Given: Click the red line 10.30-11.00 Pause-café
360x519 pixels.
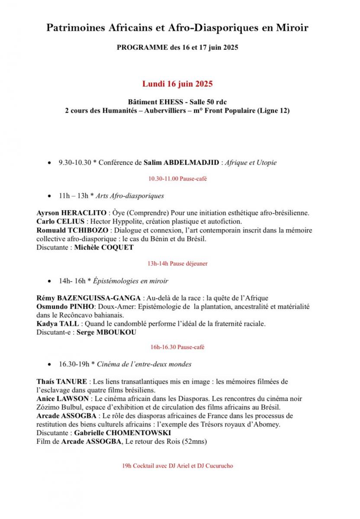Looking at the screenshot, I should (x=177, y=179).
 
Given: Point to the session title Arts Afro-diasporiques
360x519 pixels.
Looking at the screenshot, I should (x=130, y=195).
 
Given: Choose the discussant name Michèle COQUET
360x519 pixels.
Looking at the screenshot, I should (x=104, y=247).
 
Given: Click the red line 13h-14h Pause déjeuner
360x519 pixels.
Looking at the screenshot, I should (x=177, y=263).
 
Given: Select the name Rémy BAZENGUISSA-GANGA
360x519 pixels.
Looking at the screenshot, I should (x=89, y=298).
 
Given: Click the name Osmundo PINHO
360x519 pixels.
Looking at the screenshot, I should (x=62, y=306).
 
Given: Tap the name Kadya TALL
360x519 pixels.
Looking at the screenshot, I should (x=58, y=323).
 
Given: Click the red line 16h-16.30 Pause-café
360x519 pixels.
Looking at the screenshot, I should (x=177, y=347).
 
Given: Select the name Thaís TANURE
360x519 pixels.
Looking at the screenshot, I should (x=62, y=381).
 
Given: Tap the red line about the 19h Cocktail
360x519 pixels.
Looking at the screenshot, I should (x=178, y=466).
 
